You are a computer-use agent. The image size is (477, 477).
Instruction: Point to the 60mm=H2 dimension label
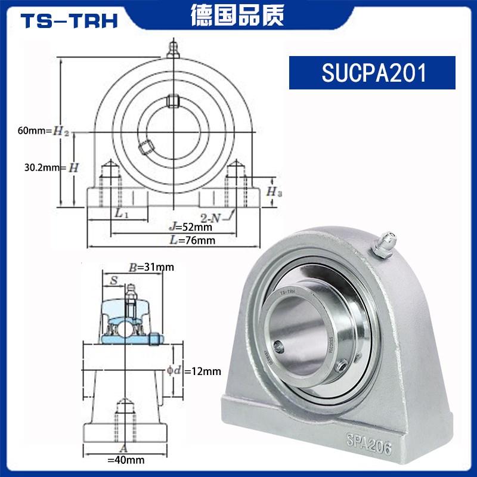click(x=44, y=131)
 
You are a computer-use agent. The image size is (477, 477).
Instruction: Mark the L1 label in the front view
click(x=119, y=213)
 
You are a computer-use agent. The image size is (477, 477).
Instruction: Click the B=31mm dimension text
click(x=151, y=267)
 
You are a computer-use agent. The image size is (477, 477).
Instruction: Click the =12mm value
click(x=203, y=371)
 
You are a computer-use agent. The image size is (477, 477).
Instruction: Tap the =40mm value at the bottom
click(x=126, y=460)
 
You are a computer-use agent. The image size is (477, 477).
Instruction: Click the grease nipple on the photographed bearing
click(x=383, y=243)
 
